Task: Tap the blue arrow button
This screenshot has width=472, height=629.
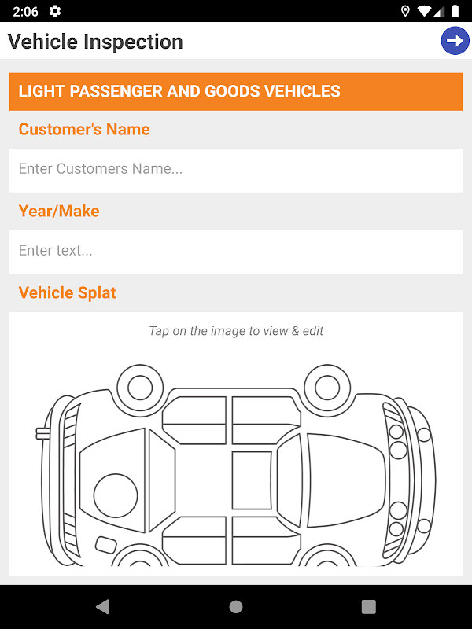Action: [455, 41]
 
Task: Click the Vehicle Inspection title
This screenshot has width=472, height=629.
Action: [95, 42]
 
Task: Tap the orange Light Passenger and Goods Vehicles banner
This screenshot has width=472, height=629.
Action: [236, 91]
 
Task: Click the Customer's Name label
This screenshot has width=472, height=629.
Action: [84, 129]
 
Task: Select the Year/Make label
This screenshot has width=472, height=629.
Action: [59, 211]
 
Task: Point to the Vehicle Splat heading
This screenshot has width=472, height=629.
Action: [67, 292]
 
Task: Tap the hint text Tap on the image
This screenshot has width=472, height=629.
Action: [236, 331]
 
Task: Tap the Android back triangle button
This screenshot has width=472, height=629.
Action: [103, 606]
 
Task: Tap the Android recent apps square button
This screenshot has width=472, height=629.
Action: [368, 606]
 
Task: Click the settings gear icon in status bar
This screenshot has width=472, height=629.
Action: [54, 11]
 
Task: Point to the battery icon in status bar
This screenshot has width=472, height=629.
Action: [455, 11]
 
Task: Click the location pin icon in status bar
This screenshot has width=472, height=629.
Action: [405, 11]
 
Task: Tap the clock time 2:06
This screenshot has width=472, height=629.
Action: [25, 11]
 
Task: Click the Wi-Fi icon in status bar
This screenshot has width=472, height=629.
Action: [424, 11]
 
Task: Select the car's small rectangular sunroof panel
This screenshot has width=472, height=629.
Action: [252, 480]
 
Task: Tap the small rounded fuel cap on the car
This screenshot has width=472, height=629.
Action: [105, 545]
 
